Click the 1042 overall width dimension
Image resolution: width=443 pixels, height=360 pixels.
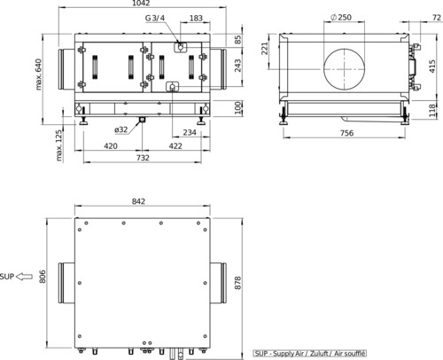[x=141, y=4]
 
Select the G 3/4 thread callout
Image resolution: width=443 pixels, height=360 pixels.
[x=155, y=19]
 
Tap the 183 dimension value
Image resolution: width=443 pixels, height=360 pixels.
[x=196, y=19]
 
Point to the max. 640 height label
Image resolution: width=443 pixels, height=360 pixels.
[x=39, y=74]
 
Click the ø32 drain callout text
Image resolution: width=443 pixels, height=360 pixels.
[x=121, y=129]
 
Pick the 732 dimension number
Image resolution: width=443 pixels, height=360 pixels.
[x=143, y=158]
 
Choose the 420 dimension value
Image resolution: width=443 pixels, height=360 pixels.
[x=111, y=146]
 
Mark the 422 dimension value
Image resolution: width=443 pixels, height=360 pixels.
[x=175, y=146]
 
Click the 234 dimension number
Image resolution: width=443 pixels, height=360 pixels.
[x=190, y=132]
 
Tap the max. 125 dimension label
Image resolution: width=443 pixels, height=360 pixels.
[x=59, y=145]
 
